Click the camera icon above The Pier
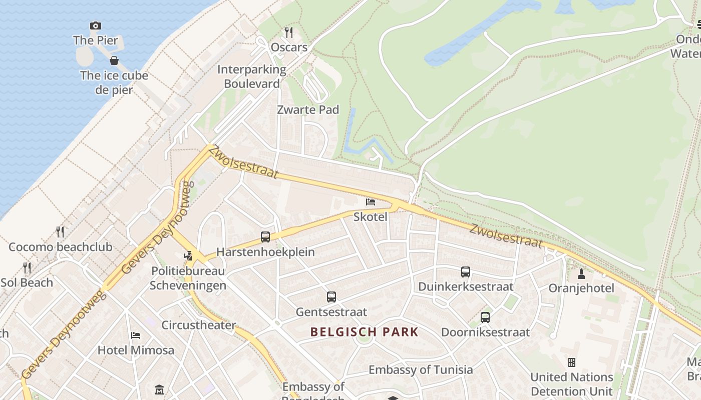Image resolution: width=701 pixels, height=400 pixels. [95, 25]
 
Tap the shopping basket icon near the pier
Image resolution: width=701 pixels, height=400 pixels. [114, 60]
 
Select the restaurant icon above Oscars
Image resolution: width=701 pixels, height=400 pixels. [288, 32]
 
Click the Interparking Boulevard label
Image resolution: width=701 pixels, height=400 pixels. [251, 76]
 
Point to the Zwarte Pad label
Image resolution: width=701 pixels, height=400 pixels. [308, 109]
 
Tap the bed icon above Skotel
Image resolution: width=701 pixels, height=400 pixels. [371, 201]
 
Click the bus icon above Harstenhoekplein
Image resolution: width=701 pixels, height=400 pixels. [265, 237]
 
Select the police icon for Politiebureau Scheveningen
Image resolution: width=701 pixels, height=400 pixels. [188, 256]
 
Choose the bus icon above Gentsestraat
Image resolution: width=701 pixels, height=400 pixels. [331, 297]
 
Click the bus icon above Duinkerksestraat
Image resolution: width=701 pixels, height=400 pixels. [466, 272]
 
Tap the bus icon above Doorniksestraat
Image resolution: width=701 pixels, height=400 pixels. [485, 317]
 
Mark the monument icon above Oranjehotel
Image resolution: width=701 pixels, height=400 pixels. [581, 273]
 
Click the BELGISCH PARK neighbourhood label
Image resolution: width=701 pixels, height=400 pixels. [364, 331]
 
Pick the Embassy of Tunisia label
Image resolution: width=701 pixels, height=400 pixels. [421, 369]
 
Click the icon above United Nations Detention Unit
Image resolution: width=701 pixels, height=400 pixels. [571, 362]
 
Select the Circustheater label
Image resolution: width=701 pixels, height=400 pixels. [198, 325]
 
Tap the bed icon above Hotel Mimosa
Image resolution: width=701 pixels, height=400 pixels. [136, 335]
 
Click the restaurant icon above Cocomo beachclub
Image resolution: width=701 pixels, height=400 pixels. [60, 232]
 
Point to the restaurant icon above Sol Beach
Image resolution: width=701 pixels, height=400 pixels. [27, 268]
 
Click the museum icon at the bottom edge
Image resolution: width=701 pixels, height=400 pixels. [159, 389]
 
